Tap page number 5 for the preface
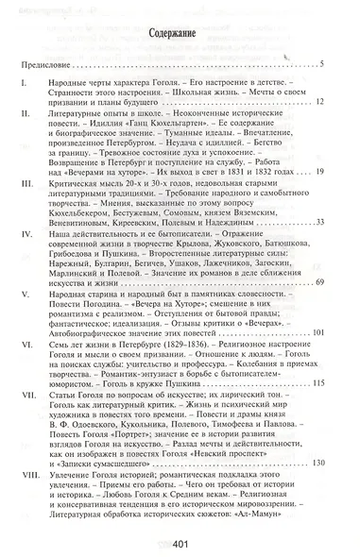321,64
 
